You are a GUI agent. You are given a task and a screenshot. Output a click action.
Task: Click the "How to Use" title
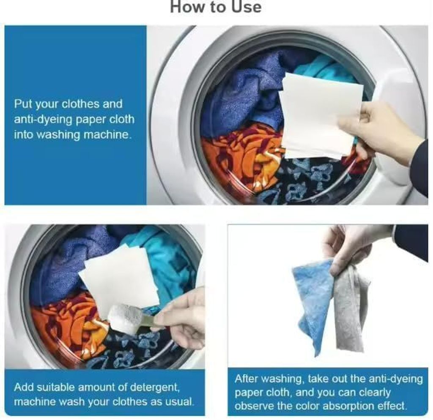216,7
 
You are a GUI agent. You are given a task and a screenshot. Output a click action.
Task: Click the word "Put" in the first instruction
23,104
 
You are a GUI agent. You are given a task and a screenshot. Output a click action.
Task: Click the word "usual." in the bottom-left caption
180,401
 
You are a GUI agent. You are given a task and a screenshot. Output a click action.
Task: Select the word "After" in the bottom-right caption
247,379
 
